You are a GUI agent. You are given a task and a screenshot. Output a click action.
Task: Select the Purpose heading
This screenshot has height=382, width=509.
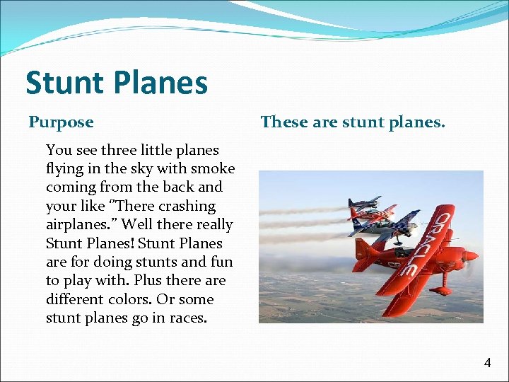click(x=61, y=122)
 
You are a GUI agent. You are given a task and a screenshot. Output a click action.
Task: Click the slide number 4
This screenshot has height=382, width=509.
click(x=487, y=363)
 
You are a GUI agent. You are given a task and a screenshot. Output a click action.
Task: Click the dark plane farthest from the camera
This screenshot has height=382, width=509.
click(x=365, y=204)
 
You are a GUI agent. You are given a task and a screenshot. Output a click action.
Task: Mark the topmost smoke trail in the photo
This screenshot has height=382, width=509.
click(x=304, y=210)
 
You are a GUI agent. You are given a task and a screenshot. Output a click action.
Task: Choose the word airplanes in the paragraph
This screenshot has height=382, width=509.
click(x=78, y=224)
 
